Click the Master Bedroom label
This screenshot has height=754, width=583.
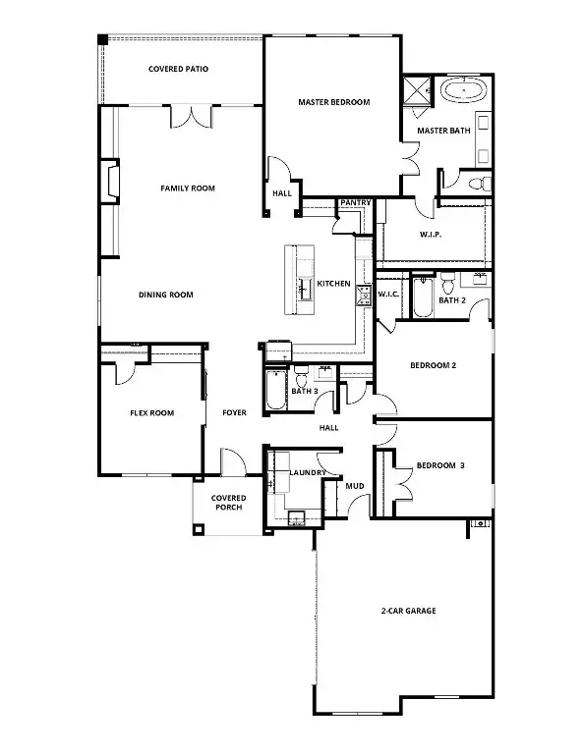pyautogui.click(x=333, y=102)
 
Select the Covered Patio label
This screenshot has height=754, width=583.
pyautogui.click(x=178, y=70)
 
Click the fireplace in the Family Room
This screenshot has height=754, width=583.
pyautogui.click(x=111, y=183)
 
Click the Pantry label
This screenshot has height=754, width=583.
pyautogui.click(x=355, y=203)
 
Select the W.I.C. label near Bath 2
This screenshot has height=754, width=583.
pyautogui.click(x=387, y=295)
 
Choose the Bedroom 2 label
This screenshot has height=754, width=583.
pyautogui.click(x=434, y=365)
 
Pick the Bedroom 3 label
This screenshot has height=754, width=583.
pyautogui.click(x=440, y=465)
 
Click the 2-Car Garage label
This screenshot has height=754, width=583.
pyautogui.click(x=407, y=611)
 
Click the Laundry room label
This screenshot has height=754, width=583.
pyautogui.click(x=308, y=472)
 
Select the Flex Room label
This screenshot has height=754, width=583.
pyautogui.click(x=151, y=413)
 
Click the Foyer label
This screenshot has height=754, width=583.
pyautogui.click(x=234, y=413)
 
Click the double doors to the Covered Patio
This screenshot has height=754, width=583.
pyautogui.click(x=190, y=116)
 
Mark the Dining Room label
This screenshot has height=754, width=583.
pyautogui.click(x=165, y=295)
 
